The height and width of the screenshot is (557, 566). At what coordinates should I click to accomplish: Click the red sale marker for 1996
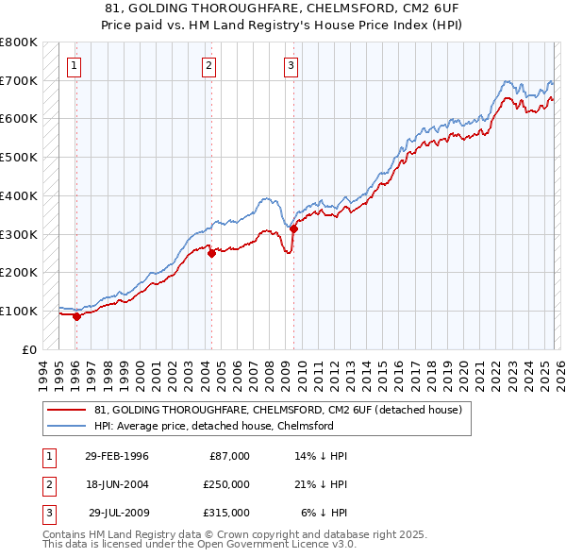(x=76, y=316)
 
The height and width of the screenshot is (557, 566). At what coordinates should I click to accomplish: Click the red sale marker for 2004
(x=211, y=252)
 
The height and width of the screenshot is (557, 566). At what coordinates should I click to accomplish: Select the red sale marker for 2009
(x=293, y=228)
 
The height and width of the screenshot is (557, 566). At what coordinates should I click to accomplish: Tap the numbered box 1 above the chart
(x=74, y=65)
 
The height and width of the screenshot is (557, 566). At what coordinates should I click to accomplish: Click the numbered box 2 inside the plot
(x=208, y=65)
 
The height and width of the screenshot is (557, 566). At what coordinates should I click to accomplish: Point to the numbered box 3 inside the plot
(x=291, y=65)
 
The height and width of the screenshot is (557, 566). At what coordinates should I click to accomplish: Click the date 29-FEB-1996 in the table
(x=116, y=456)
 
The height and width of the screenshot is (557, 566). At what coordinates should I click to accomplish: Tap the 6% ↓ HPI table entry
(x=324, y=513)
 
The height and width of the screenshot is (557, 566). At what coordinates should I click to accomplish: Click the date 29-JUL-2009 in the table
(x=118, y=513)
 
